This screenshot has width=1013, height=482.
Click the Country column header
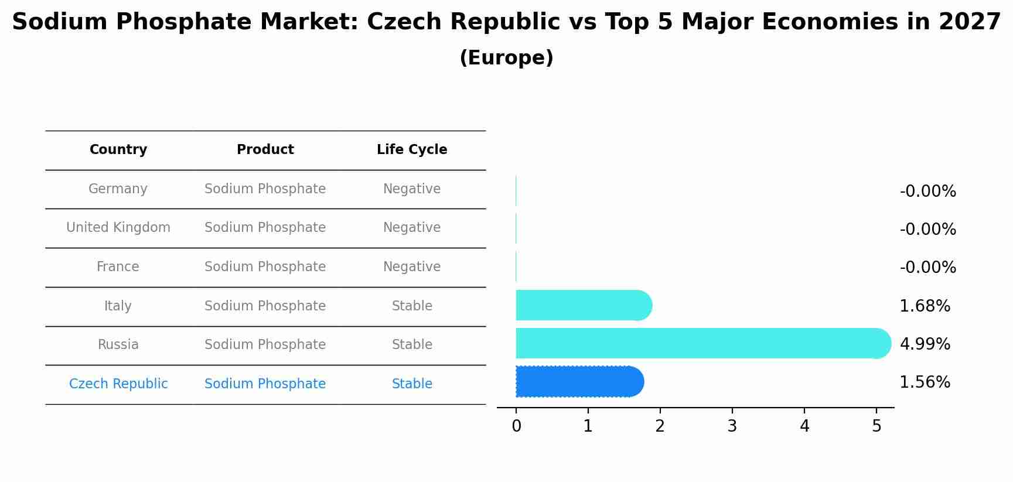point(118,150)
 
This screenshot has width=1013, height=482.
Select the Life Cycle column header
point(411,150)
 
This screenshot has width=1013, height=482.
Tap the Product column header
point(265,150)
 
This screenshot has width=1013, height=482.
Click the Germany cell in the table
point(118,189)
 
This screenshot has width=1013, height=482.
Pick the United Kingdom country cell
point(118,228)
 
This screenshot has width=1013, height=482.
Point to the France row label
point(118,267)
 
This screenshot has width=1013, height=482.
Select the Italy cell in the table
point(118,306)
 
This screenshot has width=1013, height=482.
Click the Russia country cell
point(118,345)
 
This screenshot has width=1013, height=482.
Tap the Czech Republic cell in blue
point(118,384)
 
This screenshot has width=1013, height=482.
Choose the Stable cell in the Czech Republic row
point(411,384)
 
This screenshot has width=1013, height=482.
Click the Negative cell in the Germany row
point(411,189)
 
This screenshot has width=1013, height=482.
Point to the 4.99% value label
point(925,344)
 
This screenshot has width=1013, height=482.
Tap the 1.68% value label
point(925,306)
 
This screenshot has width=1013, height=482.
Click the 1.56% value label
point(925,382)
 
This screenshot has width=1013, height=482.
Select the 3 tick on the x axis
point(732,426)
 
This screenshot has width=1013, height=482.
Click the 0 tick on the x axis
point(516,426)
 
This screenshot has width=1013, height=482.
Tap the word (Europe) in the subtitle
point(506,58)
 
